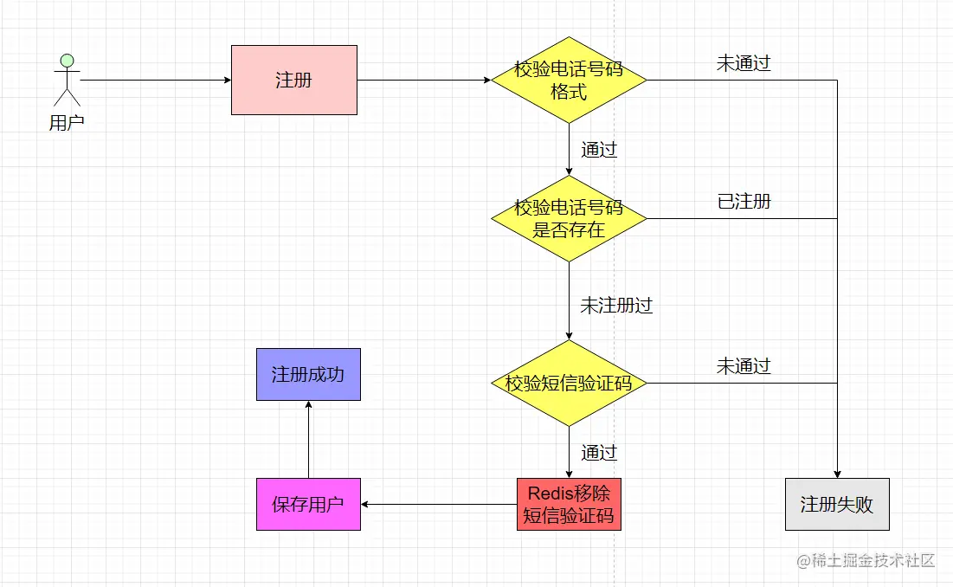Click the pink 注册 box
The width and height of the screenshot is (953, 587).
(x=293, y=80)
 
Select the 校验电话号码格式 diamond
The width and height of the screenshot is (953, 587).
(x=569, y=80)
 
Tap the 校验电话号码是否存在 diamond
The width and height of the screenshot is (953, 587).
(x=569, y=218)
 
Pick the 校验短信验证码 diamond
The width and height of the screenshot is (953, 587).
(x=569, y=383)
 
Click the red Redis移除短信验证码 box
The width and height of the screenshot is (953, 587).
(x=569, y=504)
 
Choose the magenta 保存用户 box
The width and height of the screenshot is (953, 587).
(x=308, y=504)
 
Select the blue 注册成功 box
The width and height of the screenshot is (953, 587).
(x=308, y=374)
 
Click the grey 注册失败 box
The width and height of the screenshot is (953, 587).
(x=837, y=504)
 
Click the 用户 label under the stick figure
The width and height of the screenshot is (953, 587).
(x=67, y=123)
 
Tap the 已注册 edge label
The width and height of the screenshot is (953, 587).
(x=744, y=202)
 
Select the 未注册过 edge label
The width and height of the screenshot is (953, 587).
(x=615, y=306)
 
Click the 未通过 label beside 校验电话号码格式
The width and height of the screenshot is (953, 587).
(x=743, y=63)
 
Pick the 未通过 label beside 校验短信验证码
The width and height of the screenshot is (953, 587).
(x=743, y=366)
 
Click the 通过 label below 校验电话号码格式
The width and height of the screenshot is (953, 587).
(x=599, y=150)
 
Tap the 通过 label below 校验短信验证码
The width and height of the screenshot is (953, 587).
(x=599, y=453)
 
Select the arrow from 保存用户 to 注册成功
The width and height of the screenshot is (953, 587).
(x=308, y=439)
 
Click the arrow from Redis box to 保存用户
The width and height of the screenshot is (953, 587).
(x=438, y=504)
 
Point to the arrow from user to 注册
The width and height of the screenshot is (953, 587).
(x=156, y=80)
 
